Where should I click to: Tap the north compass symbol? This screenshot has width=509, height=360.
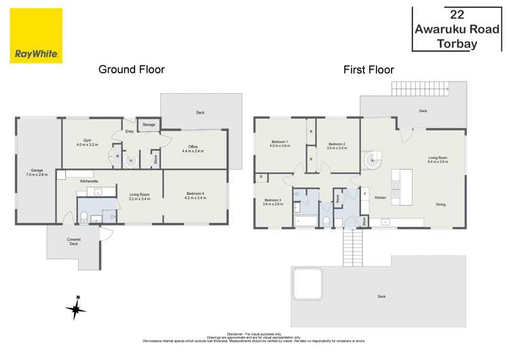click(75, 309)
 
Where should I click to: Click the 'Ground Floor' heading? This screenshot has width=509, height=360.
click(132, 69)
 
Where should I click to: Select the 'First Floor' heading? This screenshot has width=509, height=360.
click(368, 69)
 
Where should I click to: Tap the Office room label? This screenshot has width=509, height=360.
click(189, 149)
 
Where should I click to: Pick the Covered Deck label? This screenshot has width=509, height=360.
click(73, 241)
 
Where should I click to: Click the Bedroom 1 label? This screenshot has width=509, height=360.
click(280, 143)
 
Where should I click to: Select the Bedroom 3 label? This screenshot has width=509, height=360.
click(274, 201)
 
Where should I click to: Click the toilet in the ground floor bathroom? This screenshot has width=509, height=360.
click(83, 217)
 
